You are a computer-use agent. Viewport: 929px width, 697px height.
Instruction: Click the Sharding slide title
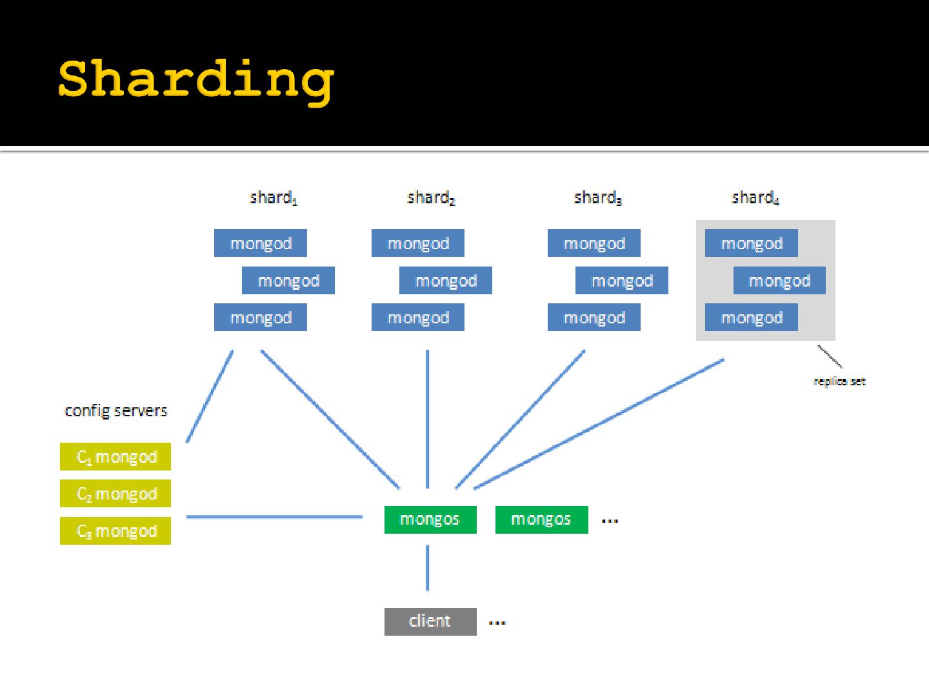pyautogui.click(x=196, y=80)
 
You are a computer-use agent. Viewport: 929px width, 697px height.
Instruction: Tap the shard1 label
pyautogui.click(x=274, y=197)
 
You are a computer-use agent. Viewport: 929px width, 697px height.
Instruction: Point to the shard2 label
pyautogui.click(x=431, y=197)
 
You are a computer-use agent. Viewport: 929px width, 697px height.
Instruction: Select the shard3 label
pyautogui.click(x=597, y=197)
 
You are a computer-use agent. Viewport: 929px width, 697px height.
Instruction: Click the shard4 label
pyautogui.click(x=755, y=197)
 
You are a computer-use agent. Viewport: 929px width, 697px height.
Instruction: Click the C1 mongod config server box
pyautogui.click(x=115, y=457)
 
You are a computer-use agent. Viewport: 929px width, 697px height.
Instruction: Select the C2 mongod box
pyautogui.click(x=115, y=494)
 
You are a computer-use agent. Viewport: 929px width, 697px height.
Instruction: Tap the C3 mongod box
pyautogui.click(x=115, y=530)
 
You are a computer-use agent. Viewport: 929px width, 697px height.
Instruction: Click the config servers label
pyautogui.click(x=116, y=411)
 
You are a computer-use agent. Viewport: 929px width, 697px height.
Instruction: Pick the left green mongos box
pyautogui.click(x=430, y=520)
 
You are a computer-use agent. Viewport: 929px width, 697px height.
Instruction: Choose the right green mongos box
pyautogui.click(x=541, y=520)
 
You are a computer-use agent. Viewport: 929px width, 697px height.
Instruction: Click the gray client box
pyautogui.click(x=430, y=621)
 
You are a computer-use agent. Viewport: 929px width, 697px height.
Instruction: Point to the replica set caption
pyautogui.click(x=839, y=381)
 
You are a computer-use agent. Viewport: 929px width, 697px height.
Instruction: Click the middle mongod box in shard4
pyautogui.click(x=779, y=281)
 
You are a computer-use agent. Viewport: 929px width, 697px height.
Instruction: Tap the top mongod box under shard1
pyautogui.click(x=261, y=243)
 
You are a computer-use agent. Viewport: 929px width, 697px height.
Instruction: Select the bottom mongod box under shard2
pyautogui.click(x=418, y=318)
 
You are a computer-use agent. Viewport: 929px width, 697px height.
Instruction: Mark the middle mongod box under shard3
pyautogui.click(x=622, y=281)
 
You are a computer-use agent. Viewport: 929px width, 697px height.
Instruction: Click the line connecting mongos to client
pyautogui.click(x=427, y=568)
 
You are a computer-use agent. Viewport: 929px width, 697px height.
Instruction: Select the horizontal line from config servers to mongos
pyautogui.click(x=274, y=517)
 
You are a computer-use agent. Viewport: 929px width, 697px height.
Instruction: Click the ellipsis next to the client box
pyautogui.click(x=497, y=623)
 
